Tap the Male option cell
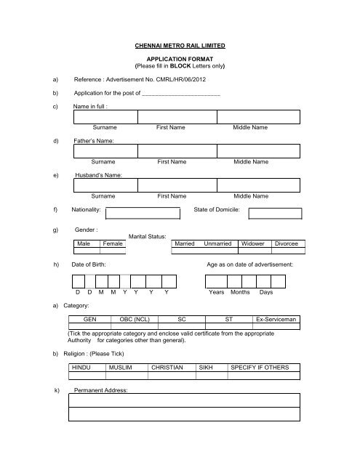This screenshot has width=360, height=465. (x=84, y=244)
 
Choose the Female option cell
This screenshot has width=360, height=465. (x=113, y=244)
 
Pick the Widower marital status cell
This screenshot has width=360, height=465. (x=252, y=244)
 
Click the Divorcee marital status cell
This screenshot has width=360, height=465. (x=285, y=244)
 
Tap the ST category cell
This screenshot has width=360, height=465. (x=229, y=319)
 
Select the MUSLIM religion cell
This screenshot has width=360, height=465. (x=121, y=368)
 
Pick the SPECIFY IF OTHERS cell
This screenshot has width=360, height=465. (x=260, y=368)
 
